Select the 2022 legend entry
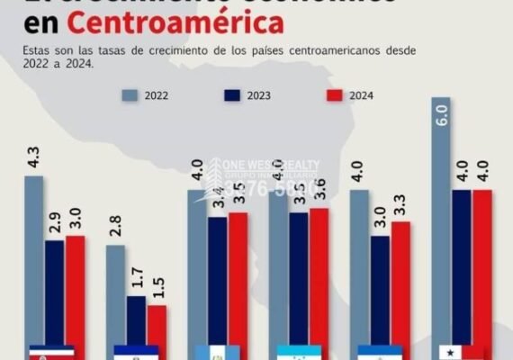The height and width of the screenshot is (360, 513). pos(157,94)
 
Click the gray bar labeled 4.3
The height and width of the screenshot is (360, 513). pos(34,261)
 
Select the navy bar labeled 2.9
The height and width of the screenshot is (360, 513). pos(55,292)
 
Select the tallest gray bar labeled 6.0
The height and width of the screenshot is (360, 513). pos(441,225)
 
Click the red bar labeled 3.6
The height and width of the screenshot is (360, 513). pos(319,279)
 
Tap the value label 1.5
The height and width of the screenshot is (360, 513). pos(157,288)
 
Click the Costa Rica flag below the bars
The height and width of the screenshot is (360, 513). pos(52,352)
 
